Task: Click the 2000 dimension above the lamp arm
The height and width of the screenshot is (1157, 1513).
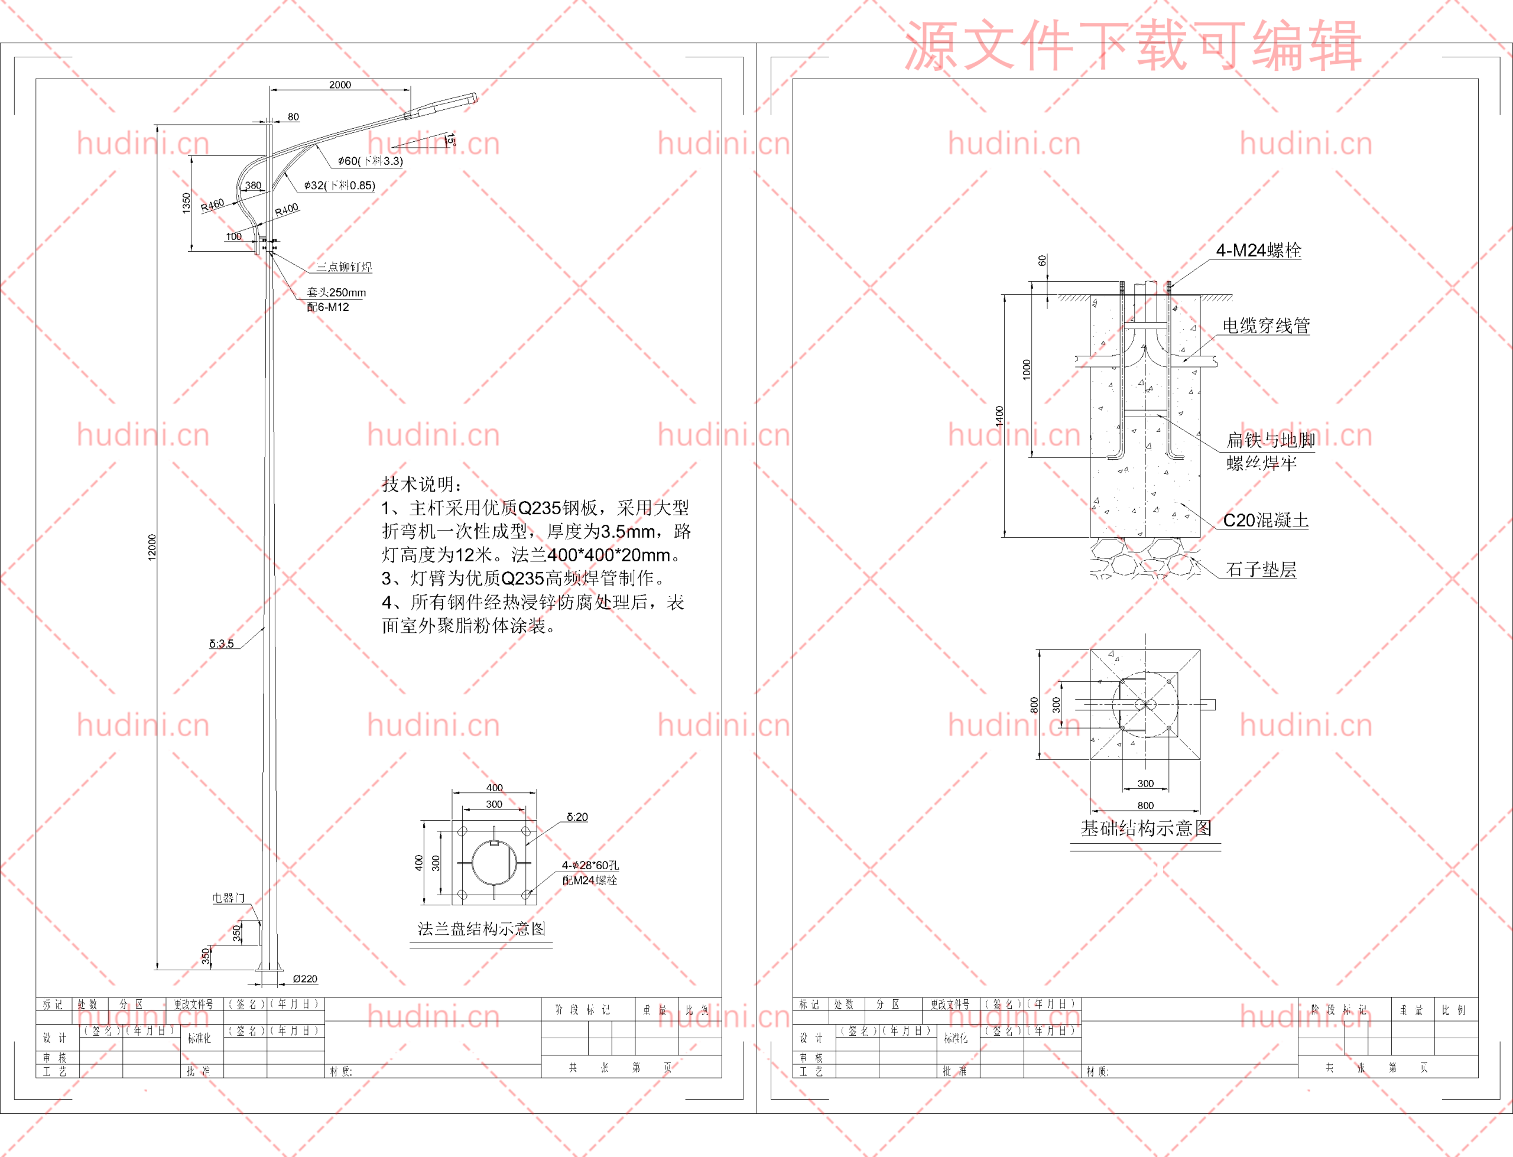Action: [x=339, y=84]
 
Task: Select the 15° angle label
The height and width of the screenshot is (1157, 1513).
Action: [x=450, y=140]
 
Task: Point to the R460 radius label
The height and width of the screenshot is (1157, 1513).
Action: [x=212, y=204]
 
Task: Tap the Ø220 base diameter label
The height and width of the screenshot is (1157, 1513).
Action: [x=304, y=979]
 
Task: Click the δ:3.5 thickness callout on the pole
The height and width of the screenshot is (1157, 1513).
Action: [x=222, y=643]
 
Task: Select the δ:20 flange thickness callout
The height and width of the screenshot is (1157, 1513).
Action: [x=577, y=817]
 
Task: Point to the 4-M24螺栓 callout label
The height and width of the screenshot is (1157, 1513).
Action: [x=1258, y=251]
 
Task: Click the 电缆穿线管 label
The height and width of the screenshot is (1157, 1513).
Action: [x=1266, y=326]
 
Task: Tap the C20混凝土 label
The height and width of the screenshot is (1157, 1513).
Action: [x=1266, y=520]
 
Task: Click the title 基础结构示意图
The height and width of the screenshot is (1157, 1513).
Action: [x=1146, y=828]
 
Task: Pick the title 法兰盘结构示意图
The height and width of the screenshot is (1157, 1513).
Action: [x=481, y=928]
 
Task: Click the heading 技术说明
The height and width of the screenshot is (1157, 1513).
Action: [x=421, y=484]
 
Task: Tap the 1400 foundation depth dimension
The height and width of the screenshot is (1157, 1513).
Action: [x=999, y=416]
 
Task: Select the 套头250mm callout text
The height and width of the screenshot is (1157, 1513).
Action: [x=336, y=292]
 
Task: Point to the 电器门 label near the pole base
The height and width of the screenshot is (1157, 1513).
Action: [x=228, y=898]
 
